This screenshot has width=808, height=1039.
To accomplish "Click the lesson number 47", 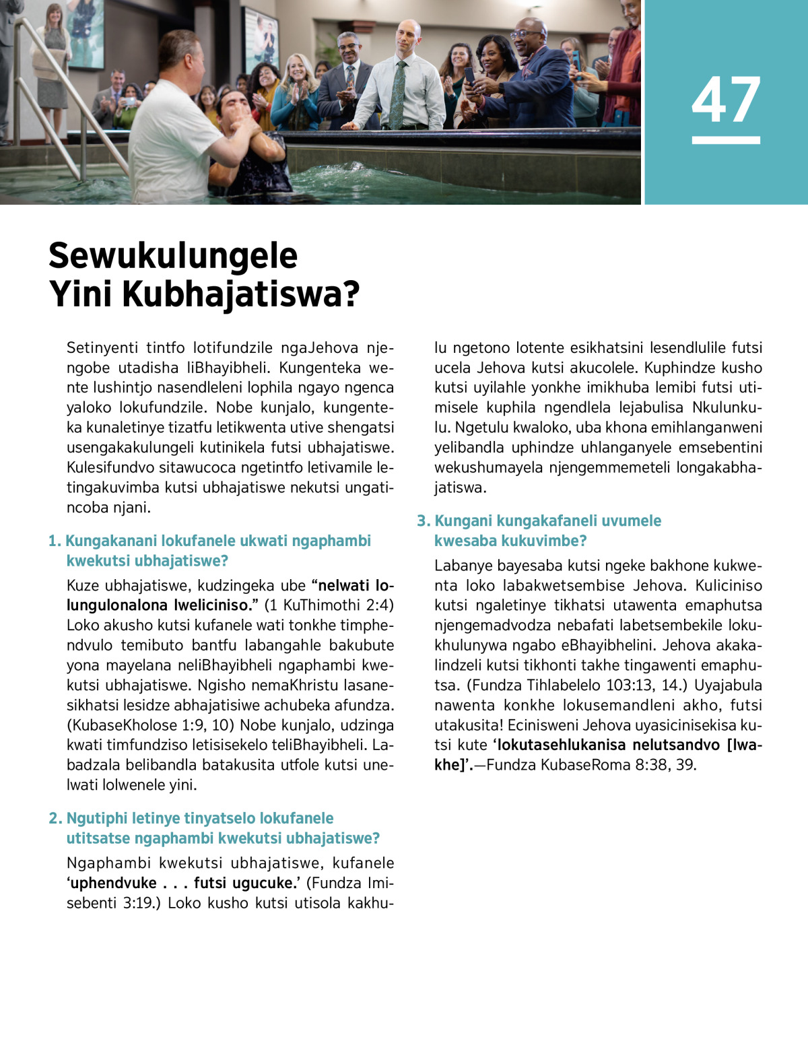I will (x=726, y=100).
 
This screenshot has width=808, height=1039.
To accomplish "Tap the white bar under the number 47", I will (x=726, y=140).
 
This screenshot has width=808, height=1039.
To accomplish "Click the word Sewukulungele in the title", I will (x=173, y=256).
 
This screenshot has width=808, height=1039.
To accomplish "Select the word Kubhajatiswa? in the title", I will (x=241, y=294).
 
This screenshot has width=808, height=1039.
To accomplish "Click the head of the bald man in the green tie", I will (x=407, y=37).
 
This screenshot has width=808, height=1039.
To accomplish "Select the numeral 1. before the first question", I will (x=55, y=541).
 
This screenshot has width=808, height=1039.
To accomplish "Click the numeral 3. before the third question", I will (x=423, y=521).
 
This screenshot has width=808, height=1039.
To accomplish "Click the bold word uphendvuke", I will (x=113, y=883).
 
